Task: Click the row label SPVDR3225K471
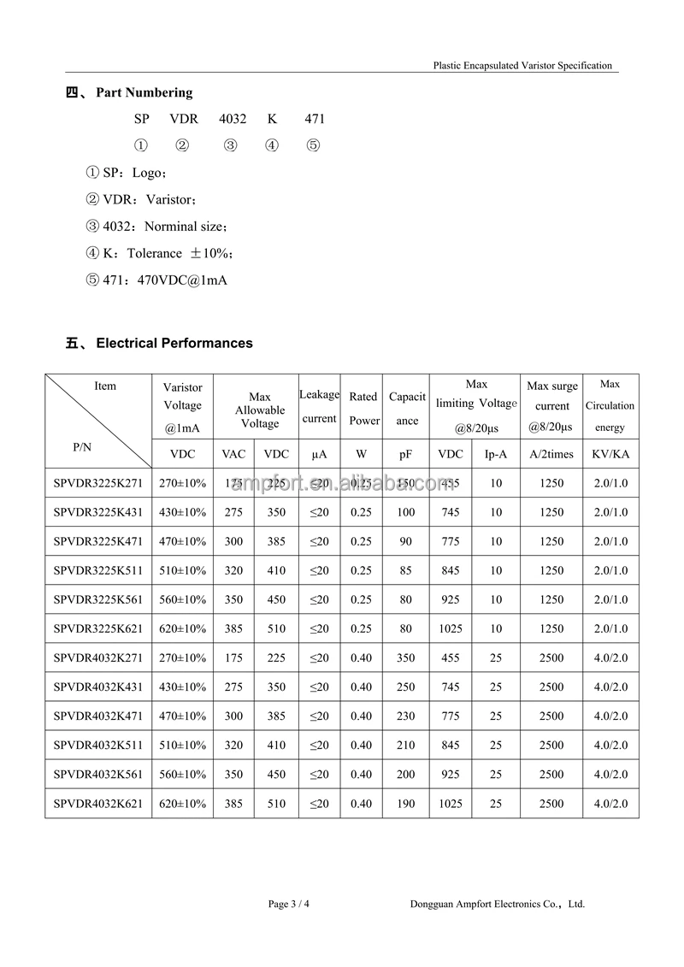tap(97, 541)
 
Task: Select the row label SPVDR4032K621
tap(97, 804)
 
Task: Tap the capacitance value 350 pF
tap(406, 658)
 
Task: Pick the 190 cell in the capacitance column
tap(406, 804)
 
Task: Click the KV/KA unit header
tap(610, 454)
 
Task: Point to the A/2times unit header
tap(551, 454)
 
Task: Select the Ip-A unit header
tap(496, 454)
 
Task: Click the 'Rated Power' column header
tap(363, 408)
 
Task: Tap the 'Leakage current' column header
tap(319, 406)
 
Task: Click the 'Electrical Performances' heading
tap(174, 343)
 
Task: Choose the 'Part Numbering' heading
tap(144, 92)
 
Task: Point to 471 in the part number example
tap(314, 119)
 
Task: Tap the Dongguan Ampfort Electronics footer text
tap(497, 904)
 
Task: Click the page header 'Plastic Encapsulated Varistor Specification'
tap(522, 65)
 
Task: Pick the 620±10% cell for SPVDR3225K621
tap(182, 628)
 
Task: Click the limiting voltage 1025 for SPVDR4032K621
tap(450, 804)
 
